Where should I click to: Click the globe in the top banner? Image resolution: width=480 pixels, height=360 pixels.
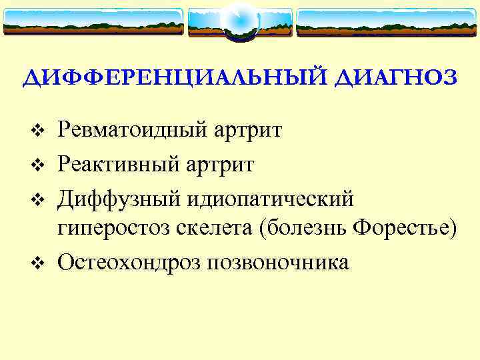pos(239,22)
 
